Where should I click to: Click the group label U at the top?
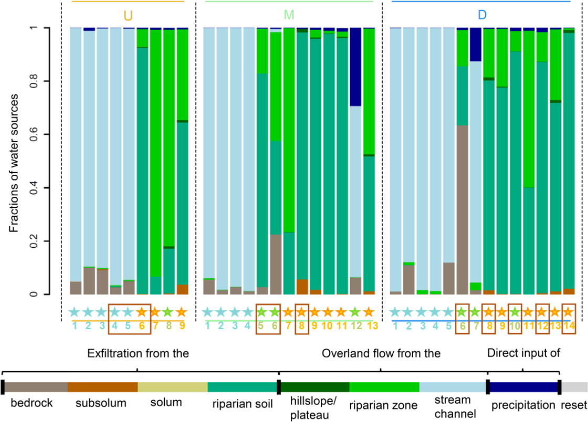click(128, 15)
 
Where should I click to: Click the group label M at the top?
click(289, 15)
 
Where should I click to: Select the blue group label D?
click(482, 15)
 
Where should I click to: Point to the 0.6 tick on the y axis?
click(34, 134)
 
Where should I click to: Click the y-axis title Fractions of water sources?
click(14, 163)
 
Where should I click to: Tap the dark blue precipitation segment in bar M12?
click(355, 67)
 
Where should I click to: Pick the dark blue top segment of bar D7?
click(476, 45)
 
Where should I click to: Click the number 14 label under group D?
click(569, 326)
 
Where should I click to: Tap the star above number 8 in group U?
click(168, 311)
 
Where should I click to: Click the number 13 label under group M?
click(372, 326)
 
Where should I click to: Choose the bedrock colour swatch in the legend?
click(36, 387)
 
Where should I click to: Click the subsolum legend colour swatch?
click(103, 387)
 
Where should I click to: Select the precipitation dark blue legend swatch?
click(524, 387)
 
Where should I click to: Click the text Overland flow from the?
click(381, 353)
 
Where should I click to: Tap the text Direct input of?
click(523, 353)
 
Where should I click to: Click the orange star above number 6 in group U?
click(141, 311)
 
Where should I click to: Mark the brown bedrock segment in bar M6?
click(276, 265)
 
